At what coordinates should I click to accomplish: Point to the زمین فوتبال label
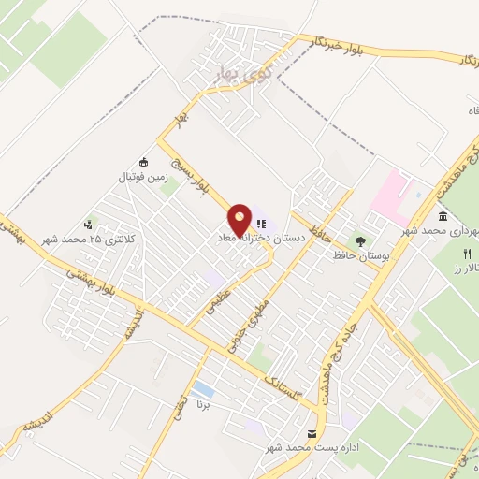(x=140, y=174)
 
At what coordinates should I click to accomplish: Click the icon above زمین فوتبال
(x=142, y=160)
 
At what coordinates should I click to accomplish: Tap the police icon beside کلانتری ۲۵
(x=89, y=224)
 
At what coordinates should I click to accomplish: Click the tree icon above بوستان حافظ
(x=361, y=242)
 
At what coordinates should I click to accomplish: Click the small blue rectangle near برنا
(x=201, y=388)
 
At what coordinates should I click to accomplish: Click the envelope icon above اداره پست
(x=312, y=434)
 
